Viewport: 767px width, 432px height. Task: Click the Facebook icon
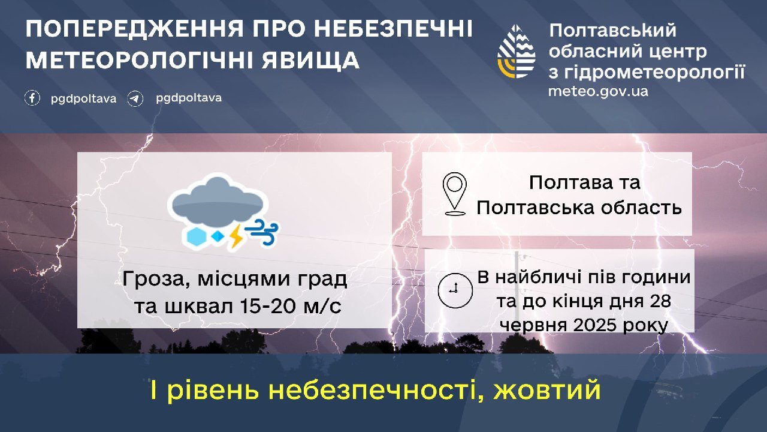pyautogui.click(x=32, y=98)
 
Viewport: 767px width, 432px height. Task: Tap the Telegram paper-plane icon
pyautogui.click(x=135, y=99)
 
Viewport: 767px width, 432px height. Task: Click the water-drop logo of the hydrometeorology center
pyautogui.click(x=517, y=51)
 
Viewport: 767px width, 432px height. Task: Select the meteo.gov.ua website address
pyautogui.click(x=598, y=92)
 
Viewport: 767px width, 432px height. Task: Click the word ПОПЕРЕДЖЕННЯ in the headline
pyautogui.click(x=134, y=29)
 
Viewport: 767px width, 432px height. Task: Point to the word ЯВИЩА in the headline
pyautogui.click(x=310, y=61)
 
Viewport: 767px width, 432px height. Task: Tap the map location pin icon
pyautogui.click(x=455, y=194)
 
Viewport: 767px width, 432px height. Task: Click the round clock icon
pyautogui.click(x=455, y=290)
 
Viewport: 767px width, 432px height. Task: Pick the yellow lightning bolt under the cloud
pyautogui.click(x=236, y=236)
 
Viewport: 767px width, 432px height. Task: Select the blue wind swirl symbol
pyautogui.click(x=261, y=232)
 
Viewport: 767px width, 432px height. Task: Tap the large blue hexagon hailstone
pyautogui.click(x=197, y=236)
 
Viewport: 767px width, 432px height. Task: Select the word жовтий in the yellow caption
pyautogui.click(x=546, y=390)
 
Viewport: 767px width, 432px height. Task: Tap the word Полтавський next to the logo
pyautogui.click(x=612, y=31)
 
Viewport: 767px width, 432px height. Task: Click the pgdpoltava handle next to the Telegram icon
pyautogui.click(x=189, y=98)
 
